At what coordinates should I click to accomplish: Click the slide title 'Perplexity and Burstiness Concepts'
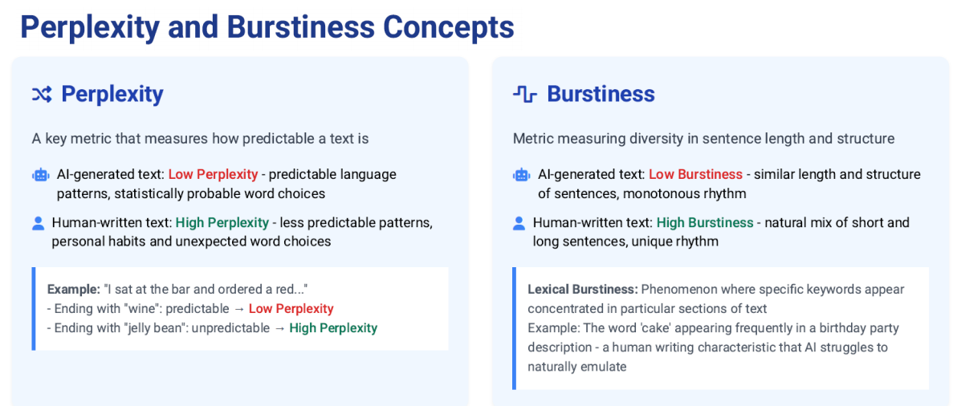[x=267, y=27]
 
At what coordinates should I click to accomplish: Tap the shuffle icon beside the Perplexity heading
[x=42, y=94]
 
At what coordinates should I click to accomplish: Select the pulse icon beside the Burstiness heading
[x=525, y=94]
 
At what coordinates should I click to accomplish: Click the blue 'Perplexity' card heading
[x=112, y=94]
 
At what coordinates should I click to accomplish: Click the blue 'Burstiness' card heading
[x=601, y=94]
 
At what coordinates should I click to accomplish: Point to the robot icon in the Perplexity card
[x=41, y=175]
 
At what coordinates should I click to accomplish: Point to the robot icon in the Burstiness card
[x=522, y=175]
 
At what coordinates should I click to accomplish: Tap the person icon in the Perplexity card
[x=39, y=223]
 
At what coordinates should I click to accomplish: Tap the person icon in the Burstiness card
[x=519, y=223]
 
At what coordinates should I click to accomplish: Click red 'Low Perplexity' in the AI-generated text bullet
[x=214, y=174]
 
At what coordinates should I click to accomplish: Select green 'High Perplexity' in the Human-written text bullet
[x=222, y=222]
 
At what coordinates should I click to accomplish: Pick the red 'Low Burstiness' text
[x=696, y=174]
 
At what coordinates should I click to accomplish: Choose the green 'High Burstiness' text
[x=705, y=222]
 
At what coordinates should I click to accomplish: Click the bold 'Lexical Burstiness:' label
[x=583, y=289]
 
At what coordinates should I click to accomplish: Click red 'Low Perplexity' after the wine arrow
[x=291, y=309]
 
